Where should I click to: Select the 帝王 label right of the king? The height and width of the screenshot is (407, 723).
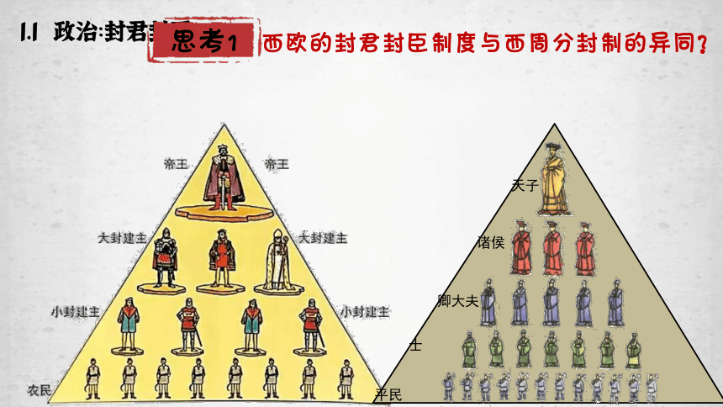(x=277, y=164)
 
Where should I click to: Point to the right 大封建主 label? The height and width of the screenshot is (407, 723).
(x=324, y=239)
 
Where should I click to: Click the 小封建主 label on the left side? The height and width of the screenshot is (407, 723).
(x=75, y=311)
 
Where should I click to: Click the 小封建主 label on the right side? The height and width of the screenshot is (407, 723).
(x=365, y=311)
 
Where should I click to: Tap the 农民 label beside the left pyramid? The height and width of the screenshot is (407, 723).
(x=39, y=390)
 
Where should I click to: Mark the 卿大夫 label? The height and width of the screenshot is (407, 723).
(x=458, y=299)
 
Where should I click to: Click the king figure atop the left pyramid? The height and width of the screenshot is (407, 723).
(x=224, y=178)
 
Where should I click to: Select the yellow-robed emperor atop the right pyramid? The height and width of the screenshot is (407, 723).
(x=554, y=182)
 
